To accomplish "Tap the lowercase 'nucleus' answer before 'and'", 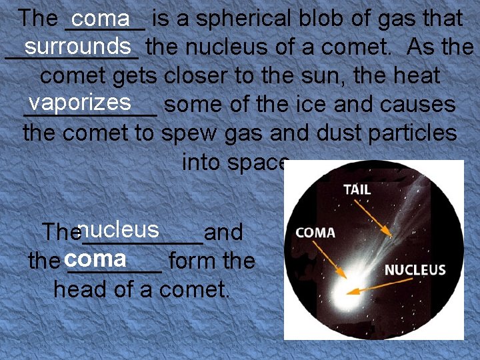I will coord(118,229).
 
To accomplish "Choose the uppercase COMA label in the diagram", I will coord(315,233).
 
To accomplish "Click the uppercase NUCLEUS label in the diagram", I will coord(415,270).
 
